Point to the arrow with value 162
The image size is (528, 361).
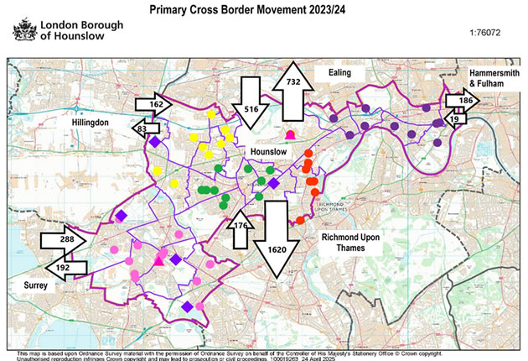pyautogui.click(x=154, y=105)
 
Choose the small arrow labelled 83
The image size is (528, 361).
pyautogui.click(x=149, y=128)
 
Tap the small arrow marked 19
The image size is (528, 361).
pyautogui.click(x=455, y=119)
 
